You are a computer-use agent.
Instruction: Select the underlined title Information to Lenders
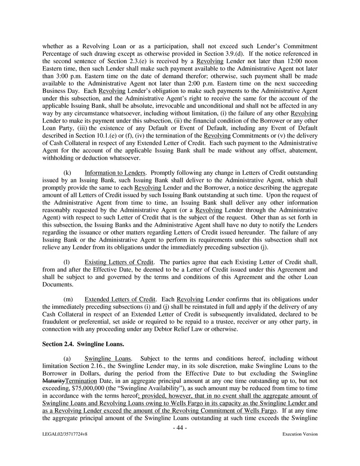pos(115,173)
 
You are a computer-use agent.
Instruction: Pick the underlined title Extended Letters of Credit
pos(120,299)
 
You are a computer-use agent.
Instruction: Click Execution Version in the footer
pos(300,434)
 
